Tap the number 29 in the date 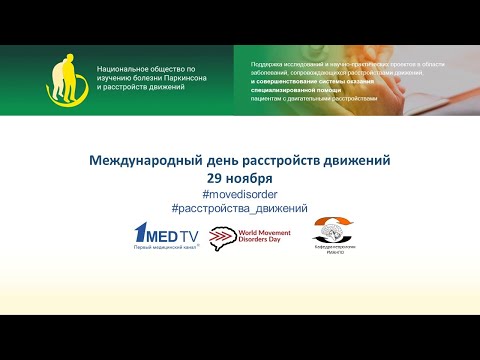pos(215,177)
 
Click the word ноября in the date pos(248,177)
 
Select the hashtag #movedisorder pos(240,193)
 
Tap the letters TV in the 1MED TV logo pos(188,236)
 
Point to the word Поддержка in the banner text pos(269,63)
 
